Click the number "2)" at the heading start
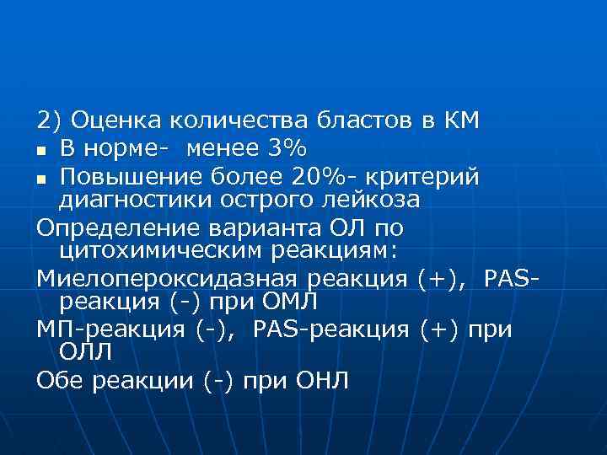pyautogui.click(x=49, y=120)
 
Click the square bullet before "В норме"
pyautogui.click(x=41, y=150)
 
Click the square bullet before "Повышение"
pyautogui.click(x=41, y=179)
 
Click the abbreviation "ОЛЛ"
pyautogui.click(x=85, y=350)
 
